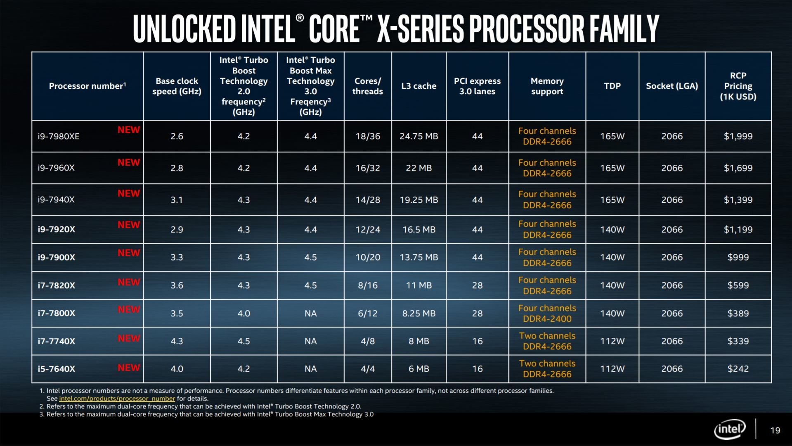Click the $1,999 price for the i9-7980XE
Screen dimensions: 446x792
click(738, 136)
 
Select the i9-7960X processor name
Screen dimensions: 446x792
click(56, 168)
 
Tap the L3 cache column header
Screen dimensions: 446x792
click(418, 86)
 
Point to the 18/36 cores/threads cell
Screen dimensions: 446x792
click(368, 136)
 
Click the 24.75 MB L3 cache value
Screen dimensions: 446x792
click(418, 136)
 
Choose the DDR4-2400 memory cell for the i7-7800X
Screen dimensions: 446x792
click(547, 319)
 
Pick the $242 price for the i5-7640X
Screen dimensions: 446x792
click(738, 369)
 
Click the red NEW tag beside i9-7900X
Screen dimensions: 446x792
click(128, 253)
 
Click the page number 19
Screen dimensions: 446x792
click(775, 430)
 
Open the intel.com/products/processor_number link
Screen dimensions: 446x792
click(117, 399)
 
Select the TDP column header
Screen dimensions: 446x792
click(612, 86)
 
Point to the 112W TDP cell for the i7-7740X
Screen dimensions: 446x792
click(612, 341)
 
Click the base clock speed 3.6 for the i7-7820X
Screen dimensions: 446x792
click(177, 285)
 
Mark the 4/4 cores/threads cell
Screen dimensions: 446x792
click(368, 369)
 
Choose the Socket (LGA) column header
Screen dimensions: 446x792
click(672, 86)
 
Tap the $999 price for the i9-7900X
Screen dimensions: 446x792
click(738, 257)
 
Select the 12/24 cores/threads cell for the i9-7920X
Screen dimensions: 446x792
click(368, 230)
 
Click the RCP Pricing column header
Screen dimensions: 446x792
click(738, 86)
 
